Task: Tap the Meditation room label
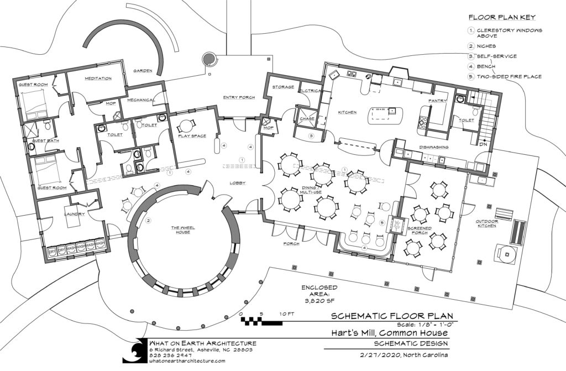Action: point(98,79)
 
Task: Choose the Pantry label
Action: point(437,101)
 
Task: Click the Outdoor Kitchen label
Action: point(487,226)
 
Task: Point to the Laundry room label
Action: point(74,213)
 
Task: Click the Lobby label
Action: point(238,182)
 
